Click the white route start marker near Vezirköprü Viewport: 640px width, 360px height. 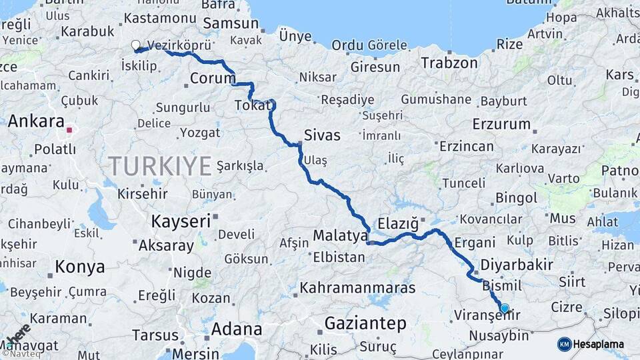tap(136, 45)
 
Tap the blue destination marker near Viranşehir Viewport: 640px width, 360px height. tap(505, 308)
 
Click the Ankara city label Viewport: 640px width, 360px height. tap(35, 122)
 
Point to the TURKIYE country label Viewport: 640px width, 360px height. tap(160, 165)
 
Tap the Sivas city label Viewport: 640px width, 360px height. tap(322, 135)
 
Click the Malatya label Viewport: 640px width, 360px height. tap(341, 235)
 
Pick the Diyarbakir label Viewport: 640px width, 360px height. tap(517, 265)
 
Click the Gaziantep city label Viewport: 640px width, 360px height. tap(365, 324)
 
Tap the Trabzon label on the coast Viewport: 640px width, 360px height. tap(449, 63)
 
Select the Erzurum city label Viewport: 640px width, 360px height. tap(501, 124)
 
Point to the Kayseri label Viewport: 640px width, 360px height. tap(181, 221)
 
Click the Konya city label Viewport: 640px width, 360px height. tap(80, 267)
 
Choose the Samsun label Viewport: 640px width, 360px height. tap(230, 23)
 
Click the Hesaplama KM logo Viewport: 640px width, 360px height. tap(591, 344)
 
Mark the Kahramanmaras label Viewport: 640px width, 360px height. tap(357, 289)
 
